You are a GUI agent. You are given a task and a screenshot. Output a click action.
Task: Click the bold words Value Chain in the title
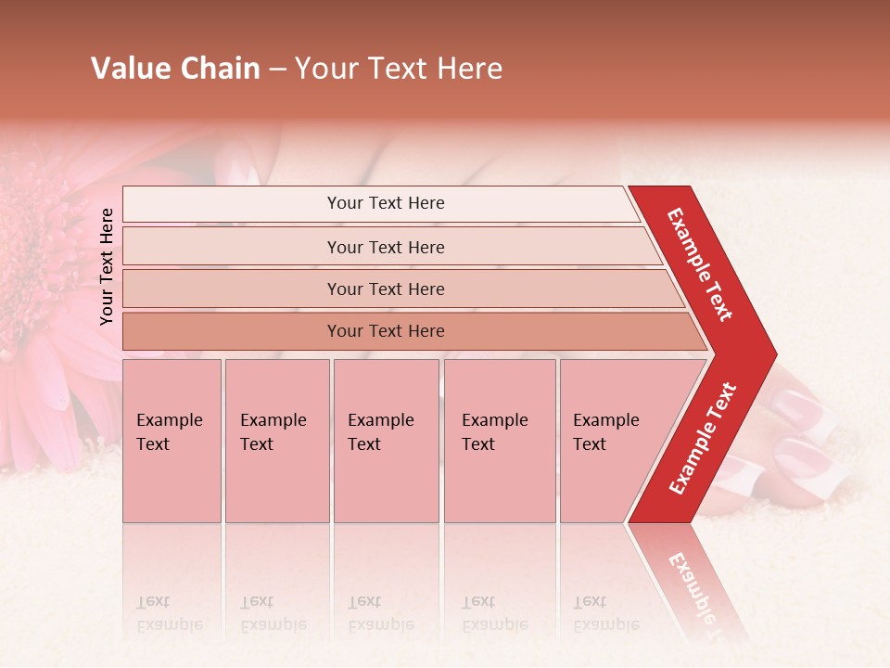pos(175,69)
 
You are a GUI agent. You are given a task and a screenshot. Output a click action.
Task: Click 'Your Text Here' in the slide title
pos(399,69)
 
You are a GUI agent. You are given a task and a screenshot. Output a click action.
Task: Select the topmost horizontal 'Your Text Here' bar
pos(386,203)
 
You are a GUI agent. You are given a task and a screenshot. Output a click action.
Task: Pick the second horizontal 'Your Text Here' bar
pos(386,247)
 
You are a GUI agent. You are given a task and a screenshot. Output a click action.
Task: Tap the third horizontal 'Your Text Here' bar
pos(386,289)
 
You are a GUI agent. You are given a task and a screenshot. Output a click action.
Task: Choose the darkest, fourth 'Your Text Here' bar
pos(386,331)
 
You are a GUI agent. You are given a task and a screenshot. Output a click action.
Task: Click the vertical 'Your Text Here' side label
pos(107,266)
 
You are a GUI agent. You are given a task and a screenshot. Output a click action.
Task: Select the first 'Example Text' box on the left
pos(172,440)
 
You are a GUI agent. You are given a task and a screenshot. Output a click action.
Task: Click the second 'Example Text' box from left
pos(276,440)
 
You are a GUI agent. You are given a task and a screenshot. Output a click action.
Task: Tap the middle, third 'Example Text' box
pos(385,440)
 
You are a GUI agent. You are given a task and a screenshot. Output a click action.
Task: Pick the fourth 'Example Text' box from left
pos(499,440)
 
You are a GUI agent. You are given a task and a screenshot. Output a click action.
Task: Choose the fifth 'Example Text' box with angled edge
pos(612,440)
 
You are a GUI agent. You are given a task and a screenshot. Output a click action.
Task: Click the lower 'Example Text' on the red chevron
pos(703,439)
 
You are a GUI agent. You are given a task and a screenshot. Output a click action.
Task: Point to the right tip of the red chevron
pos(775,354)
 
